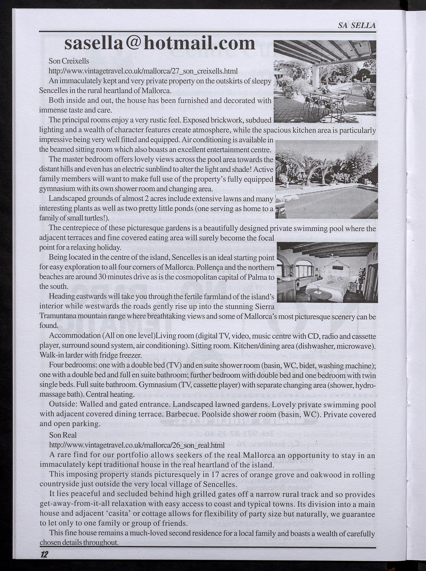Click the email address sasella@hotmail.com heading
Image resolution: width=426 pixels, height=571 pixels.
click(x=159, y=43)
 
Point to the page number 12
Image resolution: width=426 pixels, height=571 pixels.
click(x=44, y=554)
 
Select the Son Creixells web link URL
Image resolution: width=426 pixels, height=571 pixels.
click(x=143, y=70)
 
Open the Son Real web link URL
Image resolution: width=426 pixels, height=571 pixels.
click(x=137, y=445)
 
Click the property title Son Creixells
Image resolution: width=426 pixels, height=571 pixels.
click(x=69, y=61)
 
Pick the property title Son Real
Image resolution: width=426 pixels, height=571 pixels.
click(x=63, y=435)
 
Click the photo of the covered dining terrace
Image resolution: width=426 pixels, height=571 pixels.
click(x=324, y=81)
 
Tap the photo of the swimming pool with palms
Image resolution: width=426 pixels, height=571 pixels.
click(x=327, y=179)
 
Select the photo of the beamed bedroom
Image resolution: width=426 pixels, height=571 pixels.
click(x=327, y=272)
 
